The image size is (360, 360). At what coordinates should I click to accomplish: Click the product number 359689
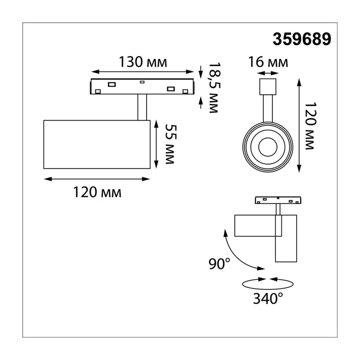click(301, 39)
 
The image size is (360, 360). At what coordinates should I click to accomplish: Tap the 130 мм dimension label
click(143, 62)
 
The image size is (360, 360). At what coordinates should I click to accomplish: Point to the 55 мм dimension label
click(171, 144)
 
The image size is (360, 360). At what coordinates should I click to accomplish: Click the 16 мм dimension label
click(268, 62)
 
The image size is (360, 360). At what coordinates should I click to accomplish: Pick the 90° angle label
click(219, 264)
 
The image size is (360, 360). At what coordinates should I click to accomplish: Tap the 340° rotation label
click(268, 298)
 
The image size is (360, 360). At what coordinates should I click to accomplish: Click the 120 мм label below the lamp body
click(97, 192)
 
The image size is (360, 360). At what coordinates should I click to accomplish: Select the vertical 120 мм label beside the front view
click(310, 126)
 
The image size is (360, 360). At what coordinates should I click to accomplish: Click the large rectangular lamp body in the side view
click(97, 144)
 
